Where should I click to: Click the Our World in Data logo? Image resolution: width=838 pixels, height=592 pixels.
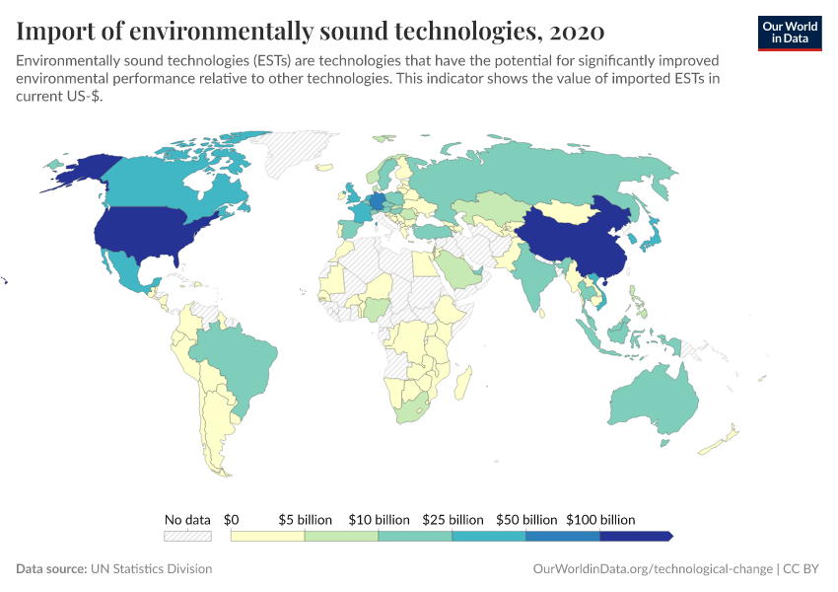(790, 32)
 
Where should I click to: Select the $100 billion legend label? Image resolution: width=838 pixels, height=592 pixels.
(600, 519)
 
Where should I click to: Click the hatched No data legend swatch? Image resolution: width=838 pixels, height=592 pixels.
(187, 536)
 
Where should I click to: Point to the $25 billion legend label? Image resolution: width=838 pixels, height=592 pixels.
(453, 519)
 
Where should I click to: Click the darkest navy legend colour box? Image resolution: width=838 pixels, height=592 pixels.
(635, 536)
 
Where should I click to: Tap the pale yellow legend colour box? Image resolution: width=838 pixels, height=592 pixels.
(267, 536)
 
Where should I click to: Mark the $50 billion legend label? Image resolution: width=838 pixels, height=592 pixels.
(526, 519)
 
